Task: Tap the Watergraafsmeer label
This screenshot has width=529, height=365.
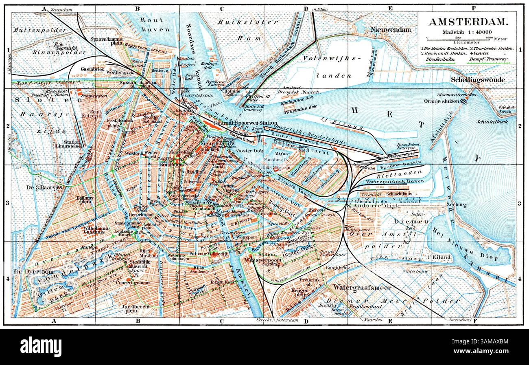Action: click(x=362, y=288)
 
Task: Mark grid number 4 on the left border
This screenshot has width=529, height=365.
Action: click(x=7, y=279)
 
